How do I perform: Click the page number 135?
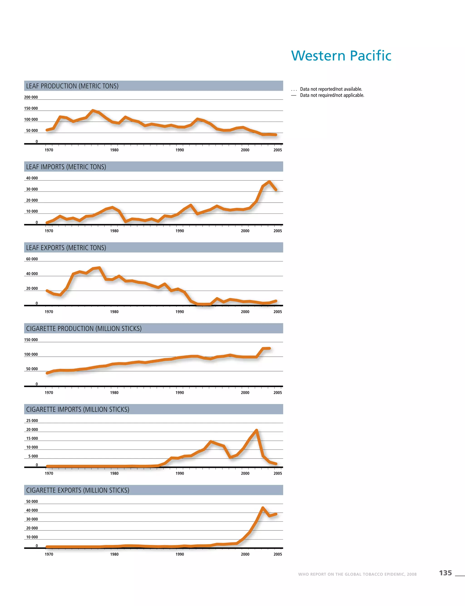(445, 573)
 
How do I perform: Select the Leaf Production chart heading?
(72, 86)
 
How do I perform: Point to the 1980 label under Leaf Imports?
(114, 231)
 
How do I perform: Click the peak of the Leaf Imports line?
(269, 182)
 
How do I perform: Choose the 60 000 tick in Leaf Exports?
(32, 259)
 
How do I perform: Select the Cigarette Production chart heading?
(84, 328)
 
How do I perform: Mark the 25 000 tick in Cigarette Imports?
(32, 420)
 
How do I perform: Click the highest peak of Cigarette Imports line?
(257, 430)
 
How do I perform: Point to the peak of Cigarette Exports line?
(263, 508)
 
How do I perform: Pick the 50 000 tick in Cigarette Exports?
(32, 501)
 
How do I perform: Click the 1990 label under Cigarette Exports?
(180, 554)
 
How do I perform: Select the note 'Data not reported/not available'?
(331, 89)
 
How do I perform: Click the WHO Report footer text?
(357, 574)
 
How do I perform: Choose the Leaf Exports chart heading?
(66, 248)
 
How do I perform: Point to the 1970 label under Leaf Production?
(49, 150)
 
